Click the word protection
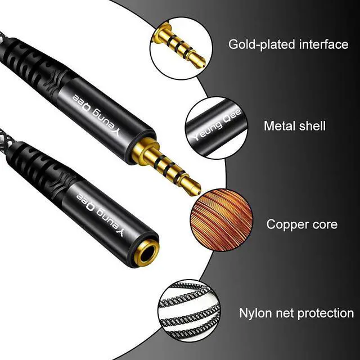point(323,313)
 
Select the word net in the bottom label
point(287,313)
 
